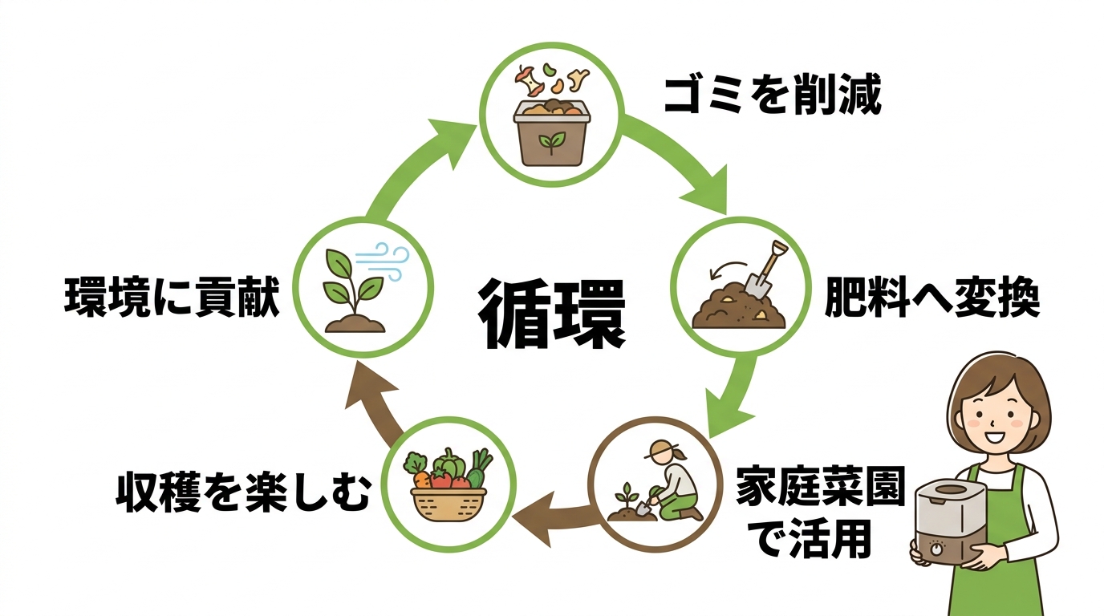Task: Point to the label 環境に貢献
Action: [x=172, y=299]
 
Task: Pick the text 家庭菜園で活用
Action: [x=819, y=513]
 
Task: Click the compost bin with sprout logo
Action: [x=551, y=132]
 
